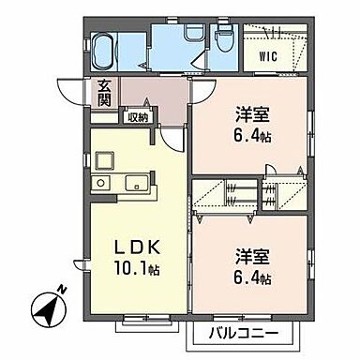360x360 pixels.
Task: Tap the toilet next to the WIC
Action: point(223,42)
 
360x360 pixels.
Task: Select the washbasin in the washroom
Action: point(191,35)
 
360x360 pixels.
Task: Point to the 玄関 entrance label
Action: point(103,94)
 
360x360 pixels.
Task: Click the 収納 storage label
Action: point(139,117)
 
